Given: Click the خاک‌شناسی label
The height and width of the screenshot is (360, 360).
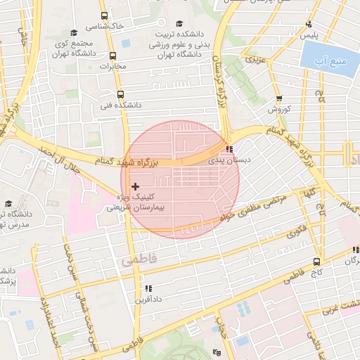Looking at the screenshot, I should (x=104, y=25).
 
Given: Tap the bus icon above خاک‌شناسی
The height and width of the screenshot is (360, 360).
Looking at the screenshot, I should (x=104, y=15).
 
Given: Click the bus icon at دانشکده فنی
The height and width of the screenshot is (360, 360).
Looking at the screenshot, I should (x=120, y=94).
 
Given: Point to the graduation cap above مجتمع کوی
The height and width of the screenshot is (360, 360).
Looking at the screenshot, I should (x=74, y=32).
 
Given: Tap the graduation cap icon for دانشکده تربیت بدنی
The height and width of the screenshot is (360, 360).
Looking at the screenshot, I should (x=179, y=23).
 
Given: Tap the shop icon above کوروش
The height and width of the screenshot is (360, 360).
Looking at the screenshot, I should (x=279, y=98).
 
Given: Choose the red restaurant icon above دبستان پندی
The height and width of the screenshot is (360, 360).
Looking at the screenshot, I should (x=230, y=149).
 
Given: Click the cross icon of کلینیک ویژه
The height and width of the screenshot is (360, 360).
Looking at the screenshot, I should (x=135, y=186).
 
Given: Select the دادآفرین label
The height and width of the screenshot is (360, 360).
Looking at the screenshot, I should (x=148, y=299).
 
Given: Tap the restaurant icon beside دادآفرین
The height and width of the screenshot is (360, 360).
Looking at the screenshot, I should (x=148, y=288).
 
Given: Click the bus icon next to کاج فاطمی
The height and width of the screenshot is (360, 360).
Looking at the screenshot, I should (x=318, y=260).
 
